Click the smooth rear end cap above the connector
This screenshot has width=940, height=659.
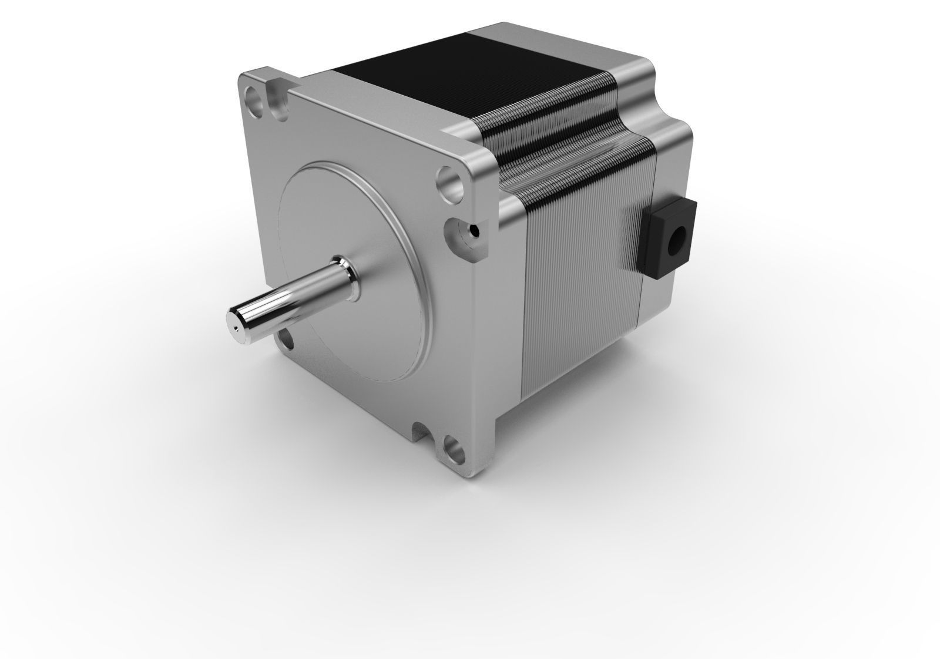670,159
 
